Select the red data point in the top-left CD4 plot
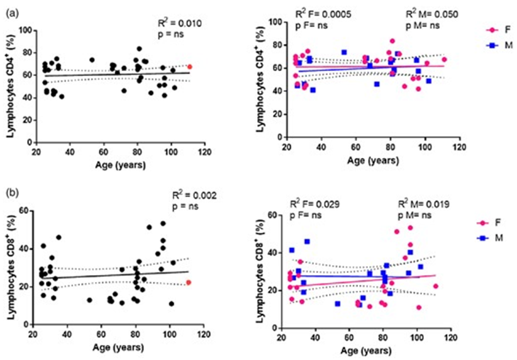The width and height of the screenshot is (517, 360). pyautogui.click(x=190, y=67)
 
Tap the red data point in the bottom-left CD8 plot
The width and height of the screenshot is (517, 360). pyautogui.click(x=189, y=283)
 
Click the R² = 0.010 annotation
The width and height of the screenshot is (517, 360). pyautogui.click(x=179, y=23)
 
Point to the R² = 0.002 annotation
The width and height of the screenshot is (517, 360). pyautogui.click(x=196, y=196)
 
